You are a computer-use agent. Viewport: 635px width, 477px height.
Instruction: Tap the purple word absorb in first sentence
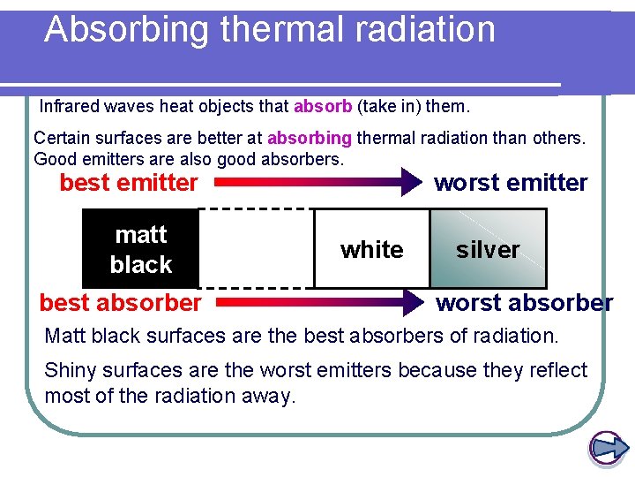click(322, 107)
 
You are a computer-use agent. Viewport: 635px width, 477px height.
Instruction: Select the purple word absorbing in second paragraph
click(309, 139)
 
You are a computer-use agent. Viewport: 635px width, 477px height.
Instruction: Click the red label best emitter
click(129, 183)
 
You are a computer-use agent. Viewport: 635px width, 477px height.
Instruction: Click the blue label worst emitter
click(511, 183)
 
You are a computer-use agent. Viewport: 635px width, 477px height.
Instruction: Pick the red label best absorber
click(120, 303)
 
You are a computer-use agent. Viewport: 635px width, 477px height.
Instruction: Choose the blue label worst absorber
click(525, 303)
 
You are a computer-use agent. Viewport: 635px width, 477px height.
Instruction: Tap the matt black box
click(140, 249)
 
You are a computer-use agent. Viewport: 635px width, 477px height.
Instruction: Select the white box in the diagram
click(371, 249)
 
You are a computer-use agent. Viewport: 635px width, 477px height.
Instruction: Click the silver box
click(488, 249)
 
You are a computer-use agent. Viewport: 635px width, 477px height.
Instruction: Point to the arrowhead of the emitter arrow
click(411, 183)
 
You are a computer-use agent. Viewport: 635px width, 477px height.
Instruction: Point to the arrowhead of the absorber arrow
click(411, 303)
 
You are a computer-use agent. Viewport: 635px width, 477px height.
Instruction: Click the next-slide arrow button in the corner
click(606, 448)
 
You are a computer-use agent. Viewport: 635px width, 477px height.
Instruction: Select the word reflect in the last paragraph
click(559, 370)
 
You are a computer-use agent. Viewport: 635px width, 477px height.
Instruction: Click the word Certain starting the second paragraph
click(60, 139)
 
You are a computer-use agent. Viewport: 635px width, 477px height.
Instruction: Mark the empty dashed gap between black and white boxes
click(256, 249)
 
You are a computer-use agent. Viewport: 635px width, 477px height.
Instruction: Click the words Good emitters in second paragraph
click(88, 159)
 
